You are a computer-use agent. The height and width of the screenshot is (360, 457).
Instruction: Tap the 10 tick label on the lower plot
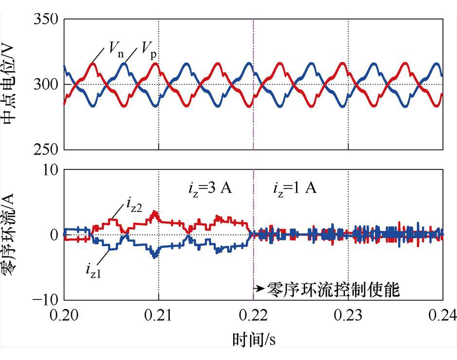click(50, 170)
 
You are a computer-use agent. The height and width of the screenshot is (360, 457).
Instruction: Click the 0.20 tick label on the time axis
click(64, 317)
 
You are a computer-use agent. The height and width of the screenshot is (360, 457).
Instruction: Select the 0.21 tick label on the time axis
click(159, 317)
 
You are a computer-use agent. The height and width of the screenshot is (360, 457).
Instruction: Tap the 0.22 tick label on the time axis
click(254, 317)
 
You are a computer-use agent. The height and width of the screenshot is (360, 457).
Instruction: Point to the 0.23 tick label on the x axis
click(348, 317)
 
